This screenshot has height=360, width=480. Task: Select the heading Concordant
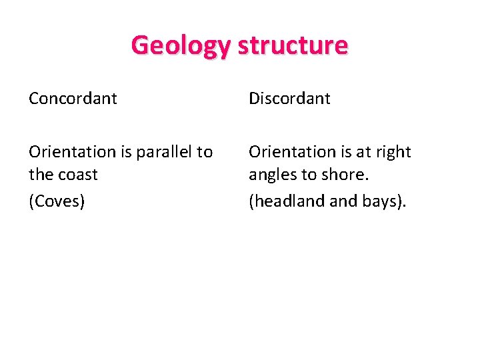(x=73, y=99)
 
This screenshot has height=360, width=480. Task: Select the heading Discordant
(x=289, y=99)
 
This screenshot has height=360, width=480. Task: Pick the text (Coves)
(x=57, y=201)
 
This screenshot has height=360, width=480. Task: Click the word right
(x=393, y=152)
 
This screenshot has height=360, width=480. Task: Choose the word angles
(x=270, y=175)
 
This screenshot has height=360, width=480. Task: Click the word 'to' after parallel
(x=205, y=152)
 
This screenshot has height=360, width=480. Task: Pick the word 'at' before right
(x=363, y=152)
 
